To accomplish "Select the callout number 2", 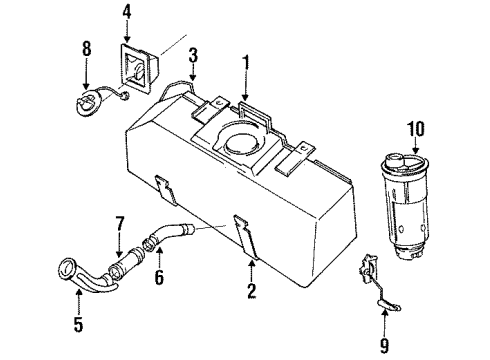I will pos(250,292).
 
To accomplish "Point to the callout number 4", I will pos(126,12).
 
